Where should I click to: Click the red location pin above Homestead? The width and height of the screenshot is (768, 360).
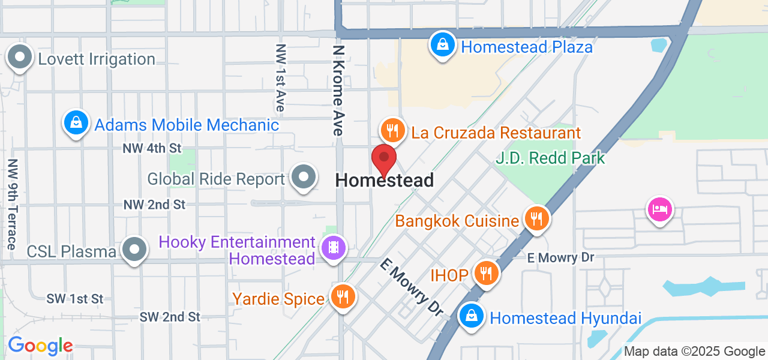[384, 159]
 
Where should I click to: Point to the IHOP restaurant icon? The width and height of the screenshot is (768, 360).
[486, 273]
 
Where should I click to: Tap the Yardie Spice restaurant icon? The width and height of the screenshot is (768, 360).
[343, 296]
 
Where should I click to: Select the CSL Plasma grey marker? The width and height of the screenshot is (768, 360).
[134, 249]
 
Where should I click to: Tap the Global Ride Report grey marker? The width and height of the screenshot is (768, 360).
[304, 177]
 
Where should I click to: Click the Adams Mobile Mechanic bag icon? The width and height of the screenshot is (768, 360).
[76, 122]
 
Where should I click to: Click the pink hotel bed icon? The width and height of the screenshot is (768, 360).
[659, 209]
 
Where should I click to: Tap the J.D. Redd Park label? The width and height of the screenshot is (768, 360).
[550, 158]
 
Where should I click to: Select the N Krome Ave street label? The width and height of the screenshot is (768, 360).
[338, 90]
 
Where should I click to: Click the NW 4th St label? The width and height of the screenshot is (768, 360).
[152, 148]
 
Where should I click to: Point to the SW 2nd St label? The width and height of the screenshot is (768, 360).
[170, 316]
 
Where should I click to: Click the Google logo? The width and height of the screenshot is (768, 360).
[40, 346]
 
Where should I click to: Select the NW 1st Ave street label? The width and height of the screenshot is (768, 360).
[280, 78]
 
